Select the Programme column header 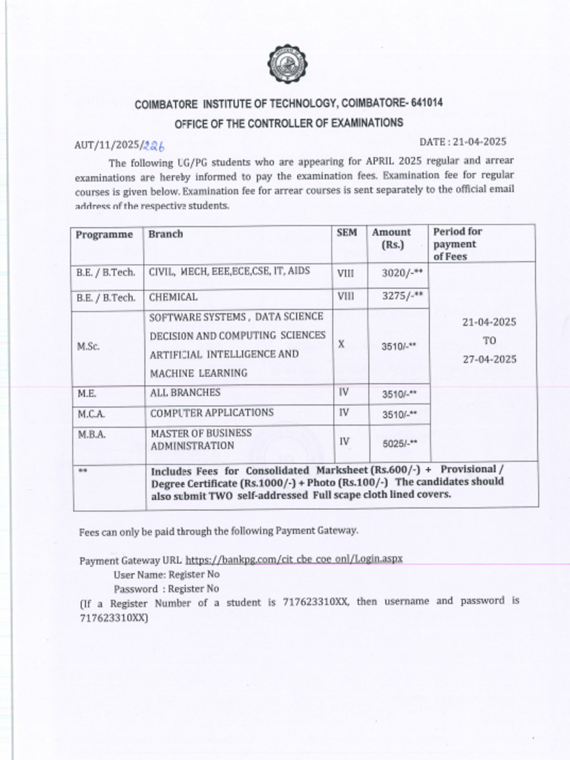(104, 235)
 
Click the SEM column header (347, 232)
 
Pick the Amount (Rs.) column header (391, 238)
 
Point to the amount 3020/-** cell (402, 273)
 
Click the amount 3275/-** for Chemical (402, 296)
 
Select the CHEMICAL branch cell (173, 297)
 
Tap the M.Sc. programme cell (88, 347)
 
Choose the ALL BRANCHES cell (186, 393)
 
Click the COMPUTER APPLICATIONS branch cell (212, 413)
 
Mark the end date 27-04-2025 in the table (489, 359)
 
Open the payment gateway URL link (294, 558)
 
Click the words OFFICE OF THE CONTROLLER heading (289, 122)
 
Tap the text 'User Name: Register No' (166, 574)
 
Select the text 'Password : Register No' (166, 589)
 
